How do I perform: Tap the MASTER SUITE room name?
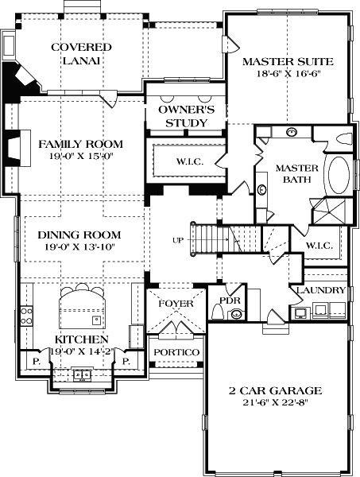click(x=288, y=61)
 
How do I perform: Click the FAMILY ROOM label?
click(x=81, y=144)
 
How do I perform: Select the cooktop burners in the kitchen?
click(x=26, y=318)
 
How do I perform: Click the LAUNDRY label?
click(x=321, y=291)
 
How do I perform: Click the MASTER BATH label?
click(x=296, y=175)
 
